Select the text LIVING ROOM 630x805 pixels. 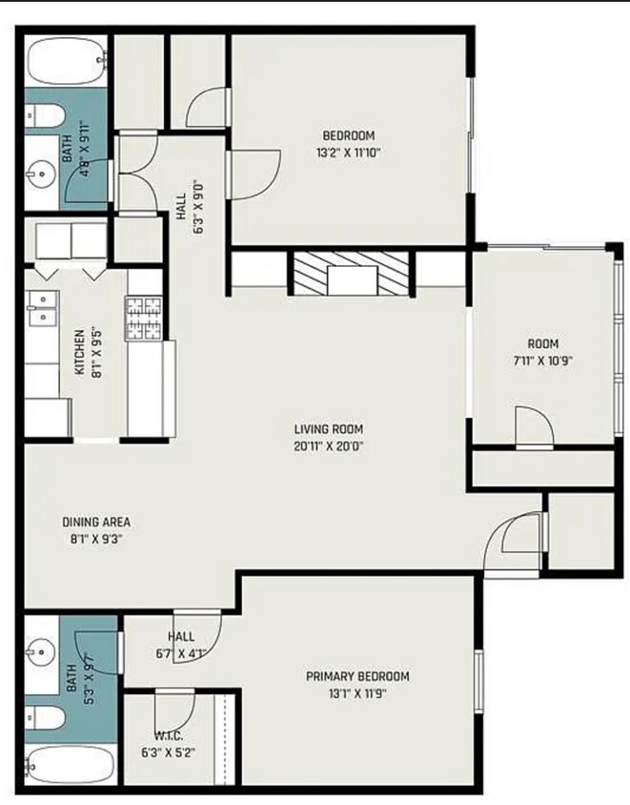pyautogui.click(x=328, y=429)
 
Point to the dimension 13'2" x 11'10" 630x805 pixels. pyautogui.click(x=348, y=152)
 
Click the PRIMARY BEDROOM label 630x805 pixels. pyautogui.click(x=357, y=676)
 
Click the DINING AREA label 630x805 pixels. pyautogui.click(x=96, y=522)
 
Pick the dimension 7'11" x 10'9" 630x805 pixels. pyautogui.click(x=543, y=361)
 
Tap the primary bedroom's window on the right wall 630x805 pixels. pyautogui.click(x=478, y=678)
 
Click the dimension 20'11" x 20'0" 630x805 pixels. pyautogui.click(x=328, y=444)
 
